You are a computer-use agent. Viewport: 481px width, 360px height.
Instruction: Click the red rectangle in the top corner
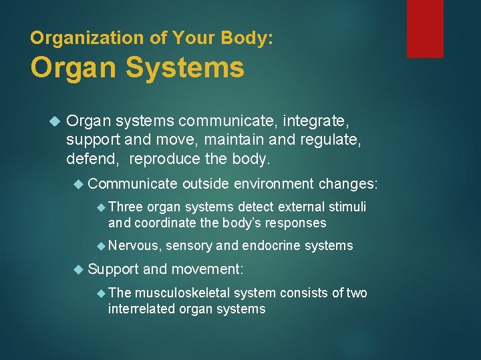425,28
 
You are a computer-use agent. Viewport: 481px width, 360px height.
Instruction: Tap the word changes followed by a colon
348,183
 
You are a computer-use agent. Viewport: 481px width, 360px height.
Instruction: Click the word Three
126,207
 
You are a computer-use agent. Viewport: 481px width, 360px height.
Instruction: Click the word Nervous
134,246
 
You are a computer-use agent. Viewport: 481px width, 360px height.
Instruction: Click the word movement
209,269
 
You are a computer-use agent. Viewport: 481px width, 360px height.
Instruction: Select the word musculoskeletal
194,293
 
